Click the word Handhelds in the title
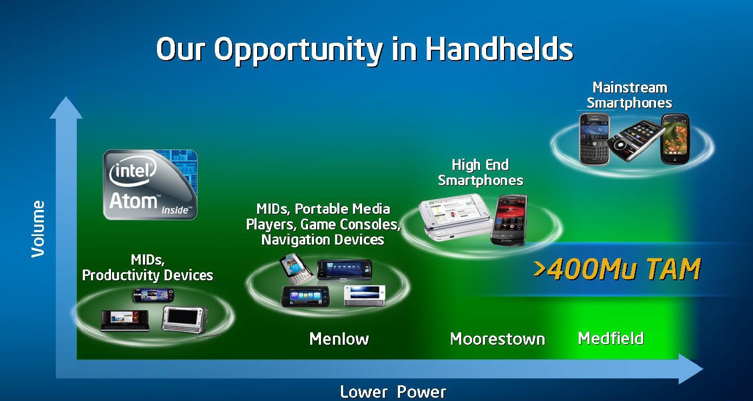click(x=500, y=49)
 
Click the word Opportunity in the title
click(x=298, y=51)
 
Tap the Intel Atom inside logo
click(x=150, y=185)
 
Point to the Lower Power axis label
click(x=393, y=392)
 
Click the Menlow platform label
click(x=339, y=339)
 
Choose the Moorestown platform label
click(x=497, y=339)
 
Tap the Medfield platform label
click(x=611, y=338)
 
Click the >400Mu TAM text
click(x=617, y=269)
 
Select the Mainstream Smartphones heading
click(x=629, y=95)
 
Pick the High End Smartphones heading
click(x=480, y=173)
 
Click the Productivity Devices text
click(x=148, y=275)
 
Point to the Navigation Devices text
click(x=323, y=240)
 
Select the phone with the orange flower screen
click(x=675, y=139)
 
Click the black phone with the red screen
click(x=509, y=220)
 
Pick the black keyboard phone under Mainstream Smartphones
click(x=595, y=139)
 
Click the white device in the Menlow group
click(x=364, y=296)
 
